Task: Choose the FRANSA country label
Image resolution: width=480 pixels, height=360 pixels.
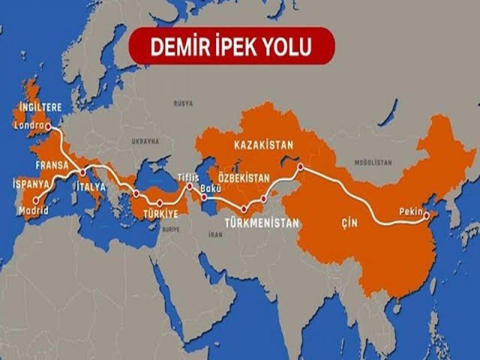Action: point(51,165)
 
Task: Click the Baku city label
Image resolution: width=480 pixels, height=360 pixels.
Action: point(210,187)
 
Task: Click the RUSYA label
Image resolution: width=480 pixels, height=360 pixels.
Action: point(183,103)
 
